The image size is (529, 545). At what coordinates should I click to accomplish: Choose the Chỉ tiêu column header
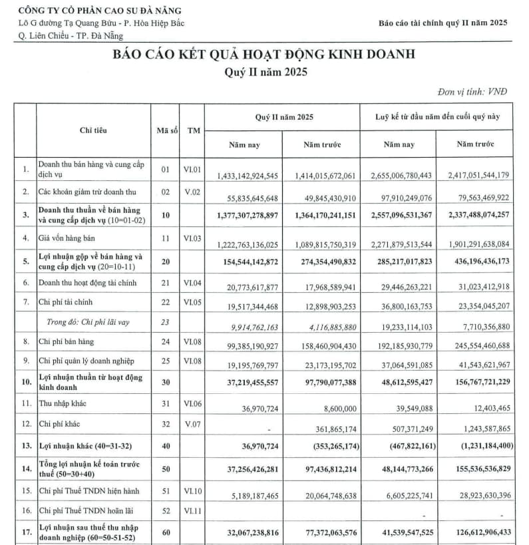[x=93, y=130]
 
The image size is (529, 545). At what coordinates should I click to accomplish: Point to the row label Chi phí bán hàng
[x=67, y=341]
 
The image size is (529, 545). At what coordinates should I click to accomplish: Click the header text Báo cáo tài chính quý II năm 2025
[x=442, y=23]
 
